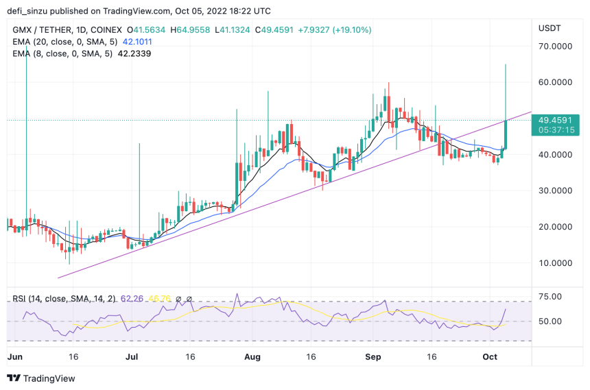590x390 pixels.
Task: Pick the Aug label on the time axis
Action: coord(252,357)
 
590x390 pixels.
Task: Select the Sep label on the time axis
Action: coord(373,357)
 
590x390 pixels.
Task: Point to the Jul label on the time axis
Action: coord(132,357)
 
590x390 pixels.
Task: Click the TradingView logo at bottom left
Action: coord(41,378)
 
